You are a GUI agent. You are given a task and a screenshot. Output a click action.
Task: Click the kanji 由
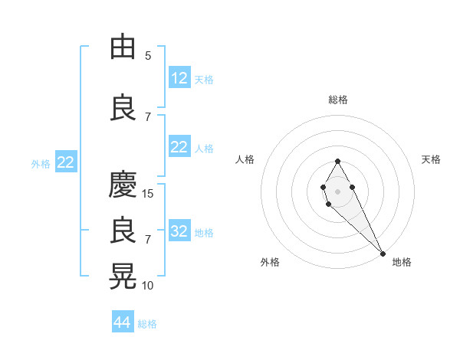(x=123, y=47)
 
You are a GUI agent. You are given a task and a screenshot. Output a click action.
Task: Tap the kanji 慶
(x=123, y=185)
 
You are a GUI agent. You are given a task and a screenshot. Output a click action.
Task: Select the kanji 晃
(x=123, y=277)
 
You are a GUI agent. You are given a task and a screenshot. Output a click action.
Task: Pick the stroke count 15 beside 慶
(x=148, y=194)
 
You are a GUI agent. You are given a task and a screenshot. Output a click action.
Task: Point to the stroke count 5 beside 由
(x=148, y=56)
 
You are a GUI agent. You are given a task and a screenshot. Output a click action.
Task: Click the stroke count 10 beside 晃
(x=148, y=286)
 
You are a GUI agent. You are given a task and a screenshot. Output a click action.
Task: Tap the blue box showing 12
(x=179, y=78)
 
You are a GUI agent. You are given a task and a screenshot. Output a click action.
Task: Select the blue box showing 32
(x=179, y=231)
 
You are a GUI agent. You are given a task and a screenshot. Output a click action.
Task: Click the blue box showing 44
(x=123, y=322)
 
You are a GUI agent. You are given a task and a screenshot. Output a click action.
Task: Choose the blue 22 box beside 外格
(x=65, y=162)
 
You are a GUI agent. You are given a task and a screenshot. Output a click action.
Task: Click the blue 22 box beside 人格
(x=179, y=147)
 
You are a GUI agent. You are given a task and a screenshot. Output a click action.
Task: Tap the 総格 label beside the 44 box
(x=147, y=324)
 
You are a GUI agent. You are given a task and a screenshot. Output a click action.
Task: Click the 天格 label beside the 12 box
(x=204, y=79)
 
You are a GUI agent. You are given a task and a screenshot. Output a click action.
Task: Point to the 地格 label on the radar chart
(x=402, y=262)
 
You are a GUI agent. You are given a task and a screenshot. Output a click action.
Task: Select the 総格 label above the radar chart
(x=338, y=100)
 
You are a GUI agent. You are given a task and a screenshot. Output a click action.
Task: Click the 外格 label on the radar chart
(x=270, y=262)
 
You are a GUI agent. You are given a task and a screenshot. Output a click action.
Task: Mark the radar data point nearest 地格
(x=383, y=254)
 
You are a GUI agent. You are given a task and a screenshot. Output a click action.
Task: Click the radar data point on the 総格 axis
(x=337, y=161)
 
